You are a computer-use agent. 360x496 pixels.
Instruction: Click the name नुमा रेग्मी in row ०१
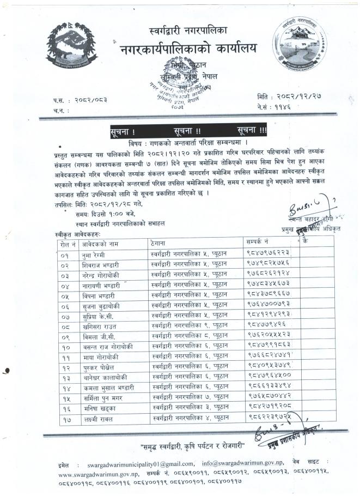[x=87, y=253]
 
